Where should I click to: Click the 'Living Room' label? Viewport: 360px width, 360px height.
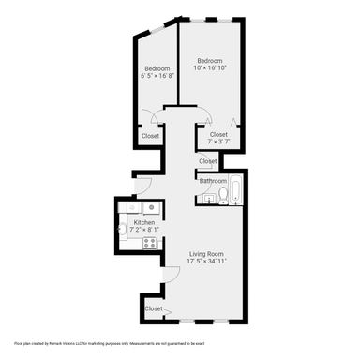tap(206, 253)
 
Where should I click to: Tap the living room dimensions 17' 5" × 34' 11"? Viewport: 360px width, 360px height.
tap(206, 262)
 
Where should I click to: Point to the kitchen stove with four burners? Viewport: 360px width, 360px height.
tap(147, 243)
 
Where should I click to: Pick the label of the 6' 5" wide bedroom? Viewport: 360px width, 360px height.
tap(157, 67)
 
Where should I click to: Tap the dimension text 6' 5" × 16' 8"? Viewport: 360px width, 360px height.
tap(157, 76)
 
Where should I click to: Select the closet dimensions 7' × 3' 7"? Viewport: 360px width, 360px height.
tap(217, 142)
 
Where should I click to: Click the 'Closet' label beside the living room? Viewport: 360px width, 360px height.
tap(153, 308)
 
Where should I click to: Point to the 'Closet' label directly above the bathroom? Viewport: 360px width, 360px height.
tap(208, 160)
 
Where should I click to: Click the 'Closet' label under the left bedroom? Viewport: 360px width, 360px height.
tap(150, 136)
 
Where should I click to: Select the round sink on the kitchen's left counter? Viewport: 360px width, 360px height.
tap(122, 226)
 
